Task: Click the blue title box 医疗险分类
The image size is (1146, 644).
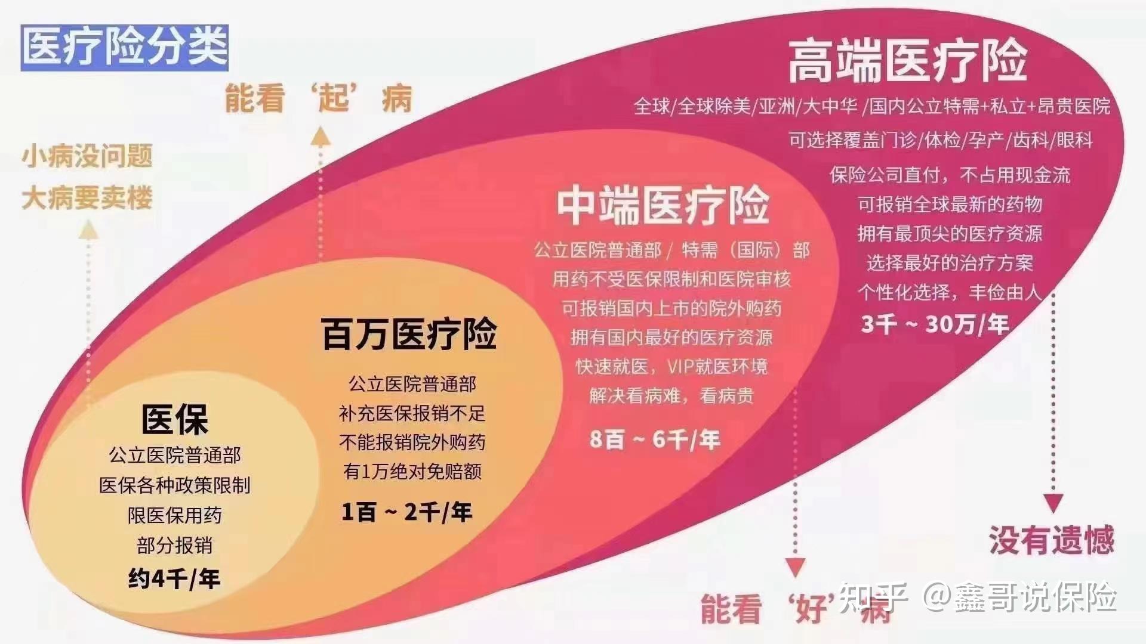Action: (x=125, y=48)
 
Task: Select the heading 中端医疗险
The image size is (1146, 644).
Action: (x=663, y=205)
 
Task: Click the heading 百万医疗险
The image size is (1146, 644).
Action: (x=409, y=334)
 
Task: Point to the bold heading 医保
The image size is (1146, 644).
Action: (x=175, y=419)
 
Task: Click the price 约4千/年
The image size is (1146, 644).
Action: (x=174, y=578)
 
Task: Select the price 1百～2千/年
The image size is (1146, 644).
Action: (x=406, y=512)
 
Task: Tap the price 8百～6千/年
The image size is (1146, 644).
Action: (x=655, y=439)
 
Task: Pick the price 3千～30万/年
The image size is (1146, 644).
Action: (x=935, y=324)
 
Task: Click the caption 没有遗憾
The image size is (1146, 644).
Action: (x=1052, y=540)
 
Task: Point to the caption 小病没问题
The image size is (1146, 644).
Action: (x=87, y=156)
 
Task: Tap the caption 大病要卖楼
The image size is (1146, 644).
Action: (x=87, y=198)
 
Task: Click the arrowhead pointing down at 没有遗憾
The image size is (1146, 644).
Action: (x=1053, y=503)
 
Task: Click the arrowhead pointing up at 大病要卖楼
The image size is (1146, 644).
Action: (x=88, y=230)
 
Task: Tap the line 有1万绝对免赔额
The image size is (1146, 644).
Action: (x=412, y=472)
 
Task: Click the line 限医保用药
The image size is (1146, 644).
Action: (x=175, y=515)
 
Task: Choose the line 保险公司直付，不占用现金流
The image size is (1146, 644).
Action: (x=950, y=175)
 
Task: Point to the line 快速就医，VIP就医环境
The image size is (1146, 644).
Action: (x=671, y=366)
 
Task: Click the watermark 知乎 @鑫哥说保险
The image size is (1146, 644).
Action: (x=977, y=597)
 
